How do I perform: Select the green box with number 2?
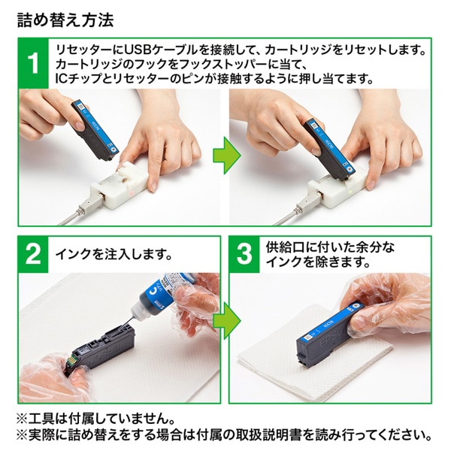(x=32, y=253)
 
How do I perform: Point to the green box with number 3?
(x=244, y=253)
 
